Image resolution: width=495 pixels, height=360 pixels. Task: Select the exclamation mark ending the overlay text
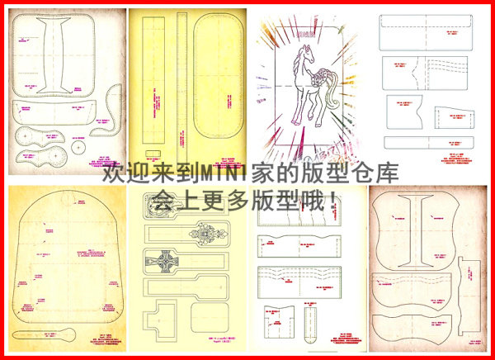point(332,199)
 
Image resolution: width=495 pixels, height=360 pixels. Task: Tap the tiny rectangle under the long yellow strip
point(151,152)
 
